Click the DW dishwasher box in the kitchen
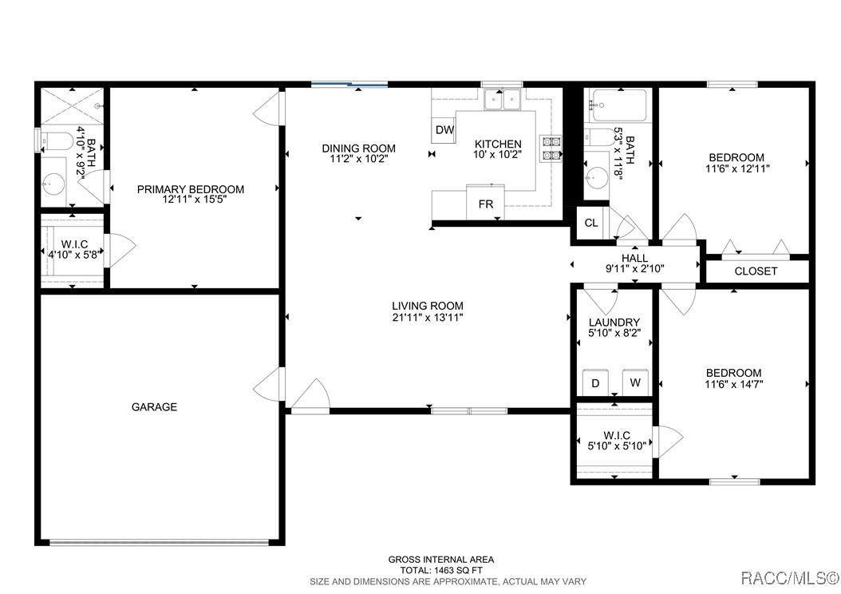pyautogui.click(x=444, y=130)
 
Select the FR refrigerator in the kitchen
pyautogui.click(x=485, y=202)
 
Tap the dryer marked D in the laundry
pyautogui.click(x=595, y=382)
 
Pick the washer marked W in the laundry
pyautogui.click(x=636, y=382)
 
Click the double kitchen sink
pyautogui.click(x=503, y=100)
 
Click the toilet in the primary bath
pyautogui.click(x=57, y=141)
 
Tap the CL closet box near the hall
pyautogui.click(x=591, y=223)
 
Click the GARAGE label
pyautogui.click(x=155, y=406)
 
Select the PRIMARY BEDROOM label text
pyautogui.click(x=191, y=189)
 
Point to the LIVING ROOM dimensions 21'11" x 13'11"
pyautogui.click(x=428, y=317)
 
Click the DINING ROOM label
pyautogui.click(x=359, y=148)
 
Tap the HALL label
pyautogui.click(x=634, y=258)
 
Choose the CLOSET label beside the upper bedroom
pyautogui.click(x=756, y=271)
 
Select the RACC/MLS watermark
pyautogui.click(x=789, y=578)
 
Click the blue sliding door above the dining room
pyautogui.click(x=349, y=84)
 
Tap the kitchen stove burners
pyautogui.click(x=551, y=148)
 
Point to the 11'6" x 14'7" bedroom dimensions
pyautogui.click(x=734, y=384)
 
